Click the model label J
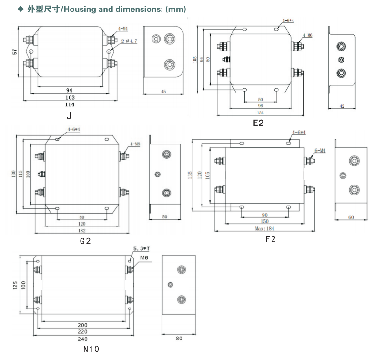pyautogui.click(x=69, y=116)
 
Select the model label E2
pyautogui.click(x=258, y=123)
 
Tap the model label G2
pyautogui.click(x=85, y=241)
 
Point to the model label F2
pyautogui.click(x=270, y=239)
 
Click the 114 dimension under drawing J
pyautogui.click(x=69, y=104)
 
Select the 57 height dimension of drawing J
pyautogui.click(x=15, y=51)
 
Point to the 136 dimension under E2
pyautogui.click(x=260, y=113)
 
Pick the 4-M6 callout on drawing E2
pyautogui.click(x=307, y=36)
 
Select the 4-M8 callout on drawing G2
pyautogui.click(x=134, y=144)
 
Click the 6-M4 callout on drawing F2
pyautogui.click(x=320, y=150)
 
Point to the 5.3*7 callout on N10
pyautogui.click(x=142, y=248)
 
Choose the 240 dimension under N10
pyautogui.click(x=82, y=339)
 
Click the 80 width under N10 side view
pyautogui.click(x=179, y=339)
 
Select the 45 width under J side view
pyautogui.click(x=163, y=92)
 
